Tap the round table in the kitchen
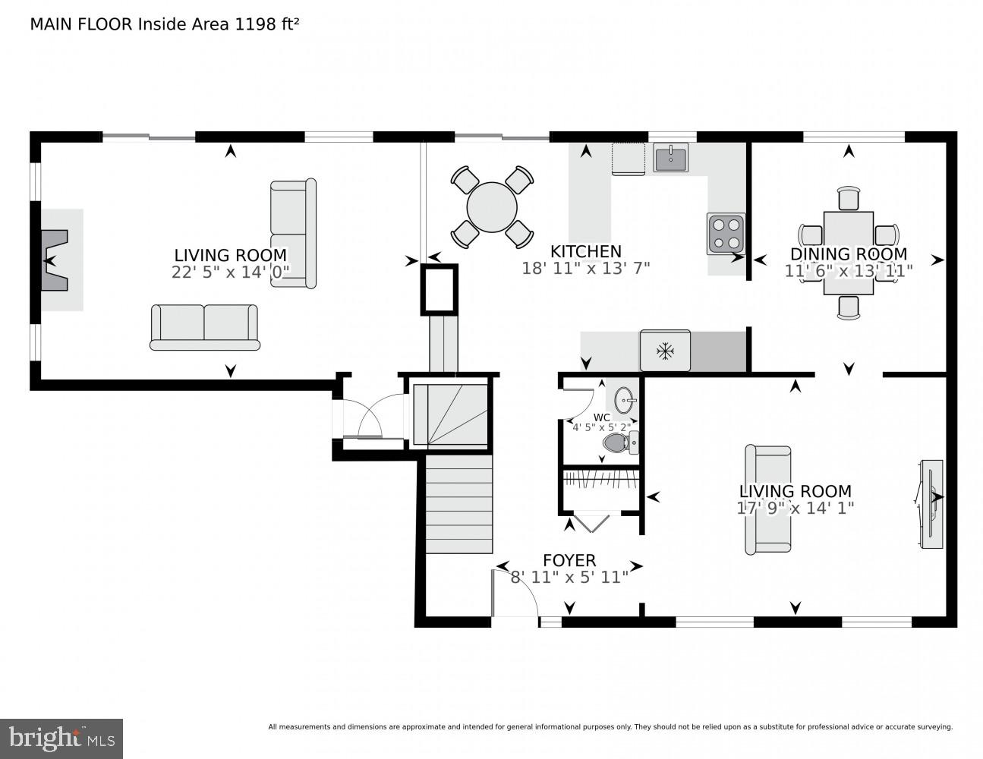(x=492, y=206)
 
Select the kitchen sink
(x=670, y=159)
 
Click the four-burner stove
(x=726, y=233)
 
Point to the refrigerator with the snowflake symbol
(x=665, y=351)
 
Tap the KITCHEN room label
(x=585, y=251)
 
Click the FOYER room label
(x=569, y=560)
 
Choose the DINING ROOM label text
(x=848, y=254)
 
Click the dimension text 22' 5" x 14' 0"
(x=230, y=272)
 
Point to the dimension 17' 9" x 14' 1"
(x=795, y=508)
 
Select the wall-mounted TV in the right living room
(x=931, y=504)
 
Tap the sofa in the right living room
(x=767, y=499)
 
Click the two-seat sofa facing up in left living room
(x=204, y=327)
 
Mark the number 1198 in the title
(x=257, y=24)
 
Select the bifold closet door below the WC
(x=590, y=522)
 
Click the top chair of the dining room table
(x=848, y=199)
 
